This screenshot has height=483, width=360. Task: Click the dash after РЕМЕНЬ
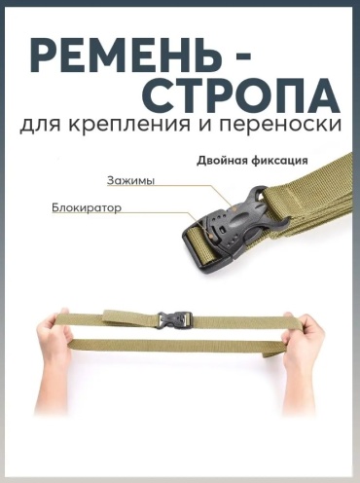tap(240, 56)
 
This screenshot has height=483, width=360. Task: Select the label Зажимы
tap(130, 181)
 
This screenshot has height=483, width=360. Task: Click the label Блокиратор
tap(87, 207)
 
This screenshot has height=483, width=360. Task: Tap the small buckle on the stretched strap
tap(175, 320)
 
